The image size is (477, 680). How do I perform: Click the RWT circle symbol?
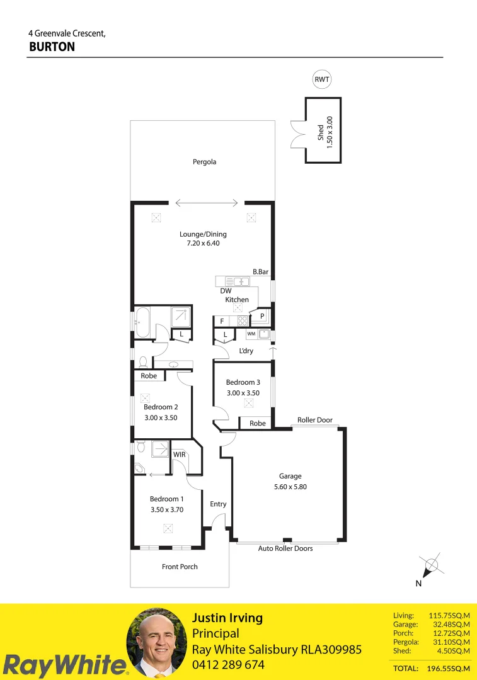[322, 79]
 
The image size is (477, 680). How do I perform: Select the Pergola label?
[204, 162]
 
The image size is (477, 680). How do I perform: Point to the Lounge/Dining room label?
[202, 234]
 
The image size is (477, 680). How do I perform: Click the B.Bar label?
[260, 272]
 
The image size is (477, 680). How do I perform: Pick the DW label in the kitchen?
[226, 291]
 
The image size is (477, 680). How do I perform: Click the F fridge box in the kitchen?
[222, 321]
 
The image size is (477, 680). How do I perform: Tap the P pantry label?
[261, 316]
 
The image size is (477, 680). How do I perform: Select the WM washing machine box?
[251, 334]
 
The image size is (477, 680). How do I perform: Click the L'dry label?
[246, 351]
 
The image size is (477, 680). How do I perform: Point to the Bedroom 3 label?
[243, 382]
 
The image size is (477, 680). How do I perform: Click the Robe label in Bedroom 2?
[149, 376]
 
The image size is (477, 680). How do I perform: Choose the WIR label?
[179, 453]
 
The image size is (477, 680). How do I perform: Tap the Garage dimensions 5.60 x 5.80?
[290, 487]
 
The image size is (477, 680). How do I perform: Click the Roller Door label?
[314, 420]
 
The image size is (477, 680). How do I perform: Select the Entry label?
[218, 504]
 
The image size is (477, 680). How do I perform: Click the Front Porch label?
[180, 567]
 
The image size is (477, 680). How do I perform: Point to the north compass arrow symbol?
[430, 565]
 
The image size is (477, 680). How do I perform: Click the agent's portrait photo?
[157, 643]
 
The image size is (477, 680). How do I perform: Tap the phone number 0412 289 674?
[228, 665]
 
